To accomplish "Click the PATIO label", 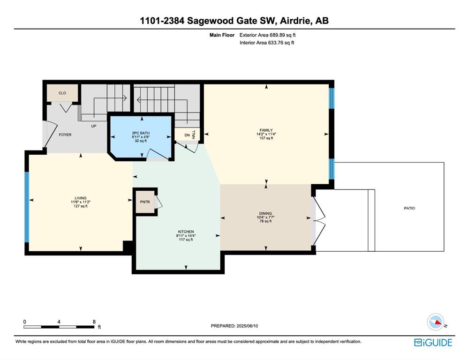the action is click(409, 208).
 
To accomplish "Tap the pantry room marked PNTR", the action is click(145, 202).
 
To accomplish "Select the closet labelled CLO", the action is click(62, 93).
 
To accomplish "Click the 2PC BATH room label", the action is click(141, 133).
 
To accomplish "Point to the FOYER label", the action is click(65, 135).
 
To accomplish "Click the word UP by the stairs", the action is click(93, 126).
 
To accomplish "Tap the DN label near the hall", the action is click(187, 135).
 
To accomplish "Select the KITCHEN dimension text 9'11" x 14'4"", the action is click(186, 235).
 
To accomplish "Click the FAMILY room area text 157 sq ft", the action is click(266, 138).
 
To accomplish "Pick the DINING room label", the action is click(265, 213).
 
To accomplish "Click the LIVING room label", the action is click(81, 198).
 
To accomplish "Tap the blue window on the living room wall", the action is click(27, 207).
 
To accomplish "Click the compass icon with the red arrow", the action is click(436, 322).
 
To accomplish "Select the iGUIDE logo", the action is click(433, 343).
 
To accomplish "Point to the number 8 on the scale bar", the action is click(94, 322).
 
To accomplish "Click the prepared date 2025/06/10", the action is click(247, 326).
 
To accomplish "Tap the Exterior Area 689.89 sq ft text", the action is click(267, 35).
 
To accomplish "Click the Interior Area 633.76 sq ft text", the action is click(267, 43).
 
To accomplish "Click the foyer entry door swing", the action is click(51, 134).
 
